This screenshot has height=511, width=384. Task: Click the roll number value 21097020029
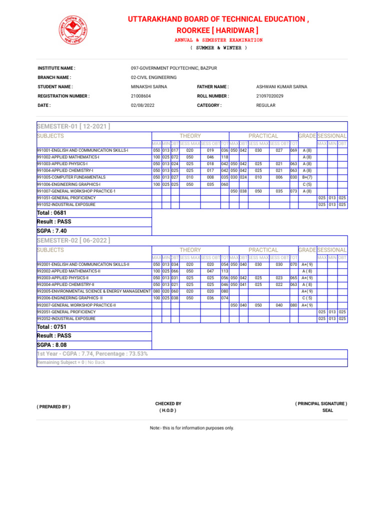tap(269, 96)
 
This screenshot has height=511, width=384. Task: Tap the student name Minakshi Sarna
tap(148, 87)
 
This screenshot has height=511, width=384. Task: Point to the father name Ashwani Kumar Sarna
tap(281, 87)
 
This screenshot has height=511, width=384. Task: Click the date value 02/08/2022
tap(141, 105)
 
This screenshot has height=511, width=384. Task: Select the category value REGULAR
tap(266, 105)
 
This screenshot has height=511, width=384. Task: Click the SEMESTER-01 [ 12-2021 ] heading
tap(73, 126)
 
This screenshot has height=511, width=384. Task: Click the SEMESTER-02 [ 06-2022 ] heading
tap(73, 241)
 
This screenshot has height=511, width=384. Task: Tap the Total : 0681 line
tap(52, 213)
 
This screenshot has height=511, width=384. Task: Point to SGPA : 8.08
tap(51, 345)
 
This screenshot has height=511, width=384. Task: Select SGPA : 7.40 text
tap(51, 231)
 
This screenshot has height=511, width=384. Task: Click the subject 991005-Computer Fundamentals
tap(71, 177)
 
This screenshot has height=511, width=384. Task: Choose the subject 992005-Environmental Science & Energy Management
tap(93, 291)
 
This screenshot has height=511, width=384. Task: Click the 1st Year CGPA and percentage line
tap(92, 354)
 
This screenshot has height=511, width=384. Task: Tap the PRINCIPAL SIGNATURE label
tap(321, 403)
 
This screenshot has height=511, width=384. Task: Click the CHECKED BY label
tap(168, 403)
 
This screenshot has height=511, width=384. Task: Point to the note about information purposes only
tap(191, 428)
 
